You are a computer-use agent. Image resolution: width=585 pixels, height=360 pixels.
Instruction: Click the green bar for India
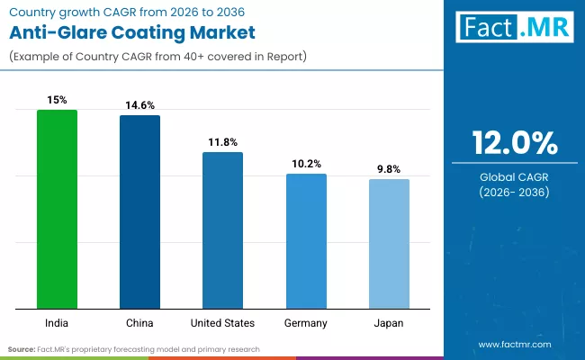57,209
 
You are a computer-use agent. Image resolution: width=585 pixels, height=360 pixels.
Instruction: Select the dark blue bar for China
139,211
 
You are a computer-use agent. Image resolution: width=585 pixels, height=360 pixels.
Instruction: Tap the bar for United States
222,230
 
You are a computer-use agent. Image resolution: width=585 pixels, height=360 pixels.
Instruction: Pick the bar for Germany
306,241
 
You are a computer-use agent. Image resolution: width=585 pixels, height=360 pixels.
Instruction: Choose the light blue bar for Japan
389,244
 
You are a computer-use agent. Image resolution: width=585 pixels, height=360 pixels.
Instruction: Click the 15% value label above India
57,100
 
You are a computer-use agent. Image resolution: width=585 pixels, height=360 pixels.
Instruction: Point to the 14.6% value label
139,105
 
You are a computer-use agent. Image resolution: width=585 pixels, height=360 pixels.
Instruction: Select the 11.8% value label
222,142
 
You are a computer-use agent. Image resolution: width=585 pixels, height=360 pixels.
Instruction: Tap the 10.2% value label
306,164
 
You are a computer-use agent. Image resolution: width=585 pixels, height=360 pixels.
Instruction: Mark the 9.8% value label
389,169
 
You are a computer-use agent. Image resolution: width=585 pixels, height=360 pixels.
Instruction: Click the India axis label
57,322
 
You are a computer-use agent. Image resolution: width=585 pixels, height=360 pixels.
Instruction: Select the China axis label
139,322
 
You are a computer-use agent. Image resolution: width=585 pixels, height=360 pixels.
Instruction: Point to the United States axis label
222,322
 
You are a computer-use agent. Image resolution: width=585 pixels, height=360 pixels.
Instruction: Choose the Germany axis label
306,322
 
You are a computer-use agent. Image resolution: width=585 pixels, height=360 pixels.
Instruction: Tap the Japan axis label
389,322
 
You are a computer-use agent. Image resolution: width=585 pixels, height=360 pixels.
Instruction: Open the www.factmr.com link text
515,344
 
